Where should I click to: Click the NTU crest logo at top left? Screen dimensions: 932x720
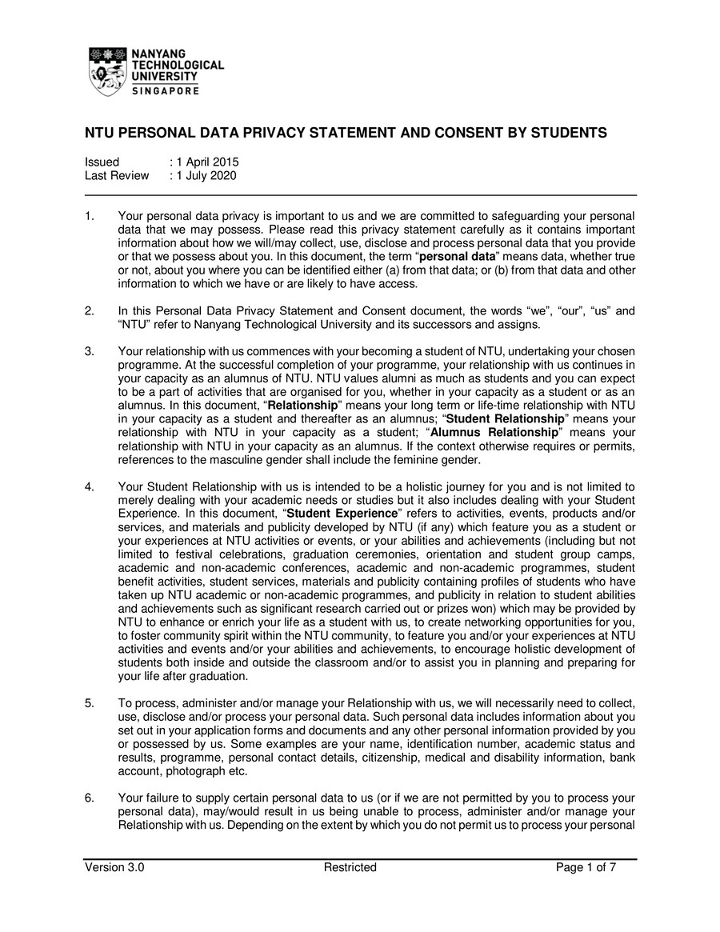point(109,71)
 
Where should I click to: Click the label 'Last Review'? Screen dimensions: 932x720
point(117,176)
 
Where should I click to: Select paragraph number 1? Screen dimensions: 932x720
point(90,216)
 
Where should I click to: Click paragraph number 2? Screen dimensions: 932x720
point(90,310)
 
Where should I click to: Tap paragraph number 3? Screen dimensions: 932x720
point(90,351)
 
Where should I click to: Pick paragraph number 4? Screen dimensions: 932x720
point(90,486)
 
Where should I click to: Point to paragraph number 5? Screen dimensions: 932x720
point(90,703)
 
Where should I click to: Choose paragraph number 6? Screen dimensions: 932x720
point(90,798)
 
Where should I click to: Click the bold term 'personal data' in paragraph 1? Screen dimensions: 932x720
point(458,257)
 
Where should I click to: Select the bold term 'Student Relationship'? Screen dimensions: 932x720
point(505,418)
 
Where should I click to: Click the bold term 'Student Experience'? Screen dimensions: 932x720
point(342,514)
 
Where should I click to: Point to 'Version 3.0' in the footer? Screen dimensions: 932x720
point(114,867)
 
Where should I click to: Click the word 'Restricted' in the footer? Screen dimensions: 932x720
point(350,867)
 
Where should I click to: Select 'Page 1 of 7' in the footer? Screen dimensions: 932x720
point(586,867)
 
